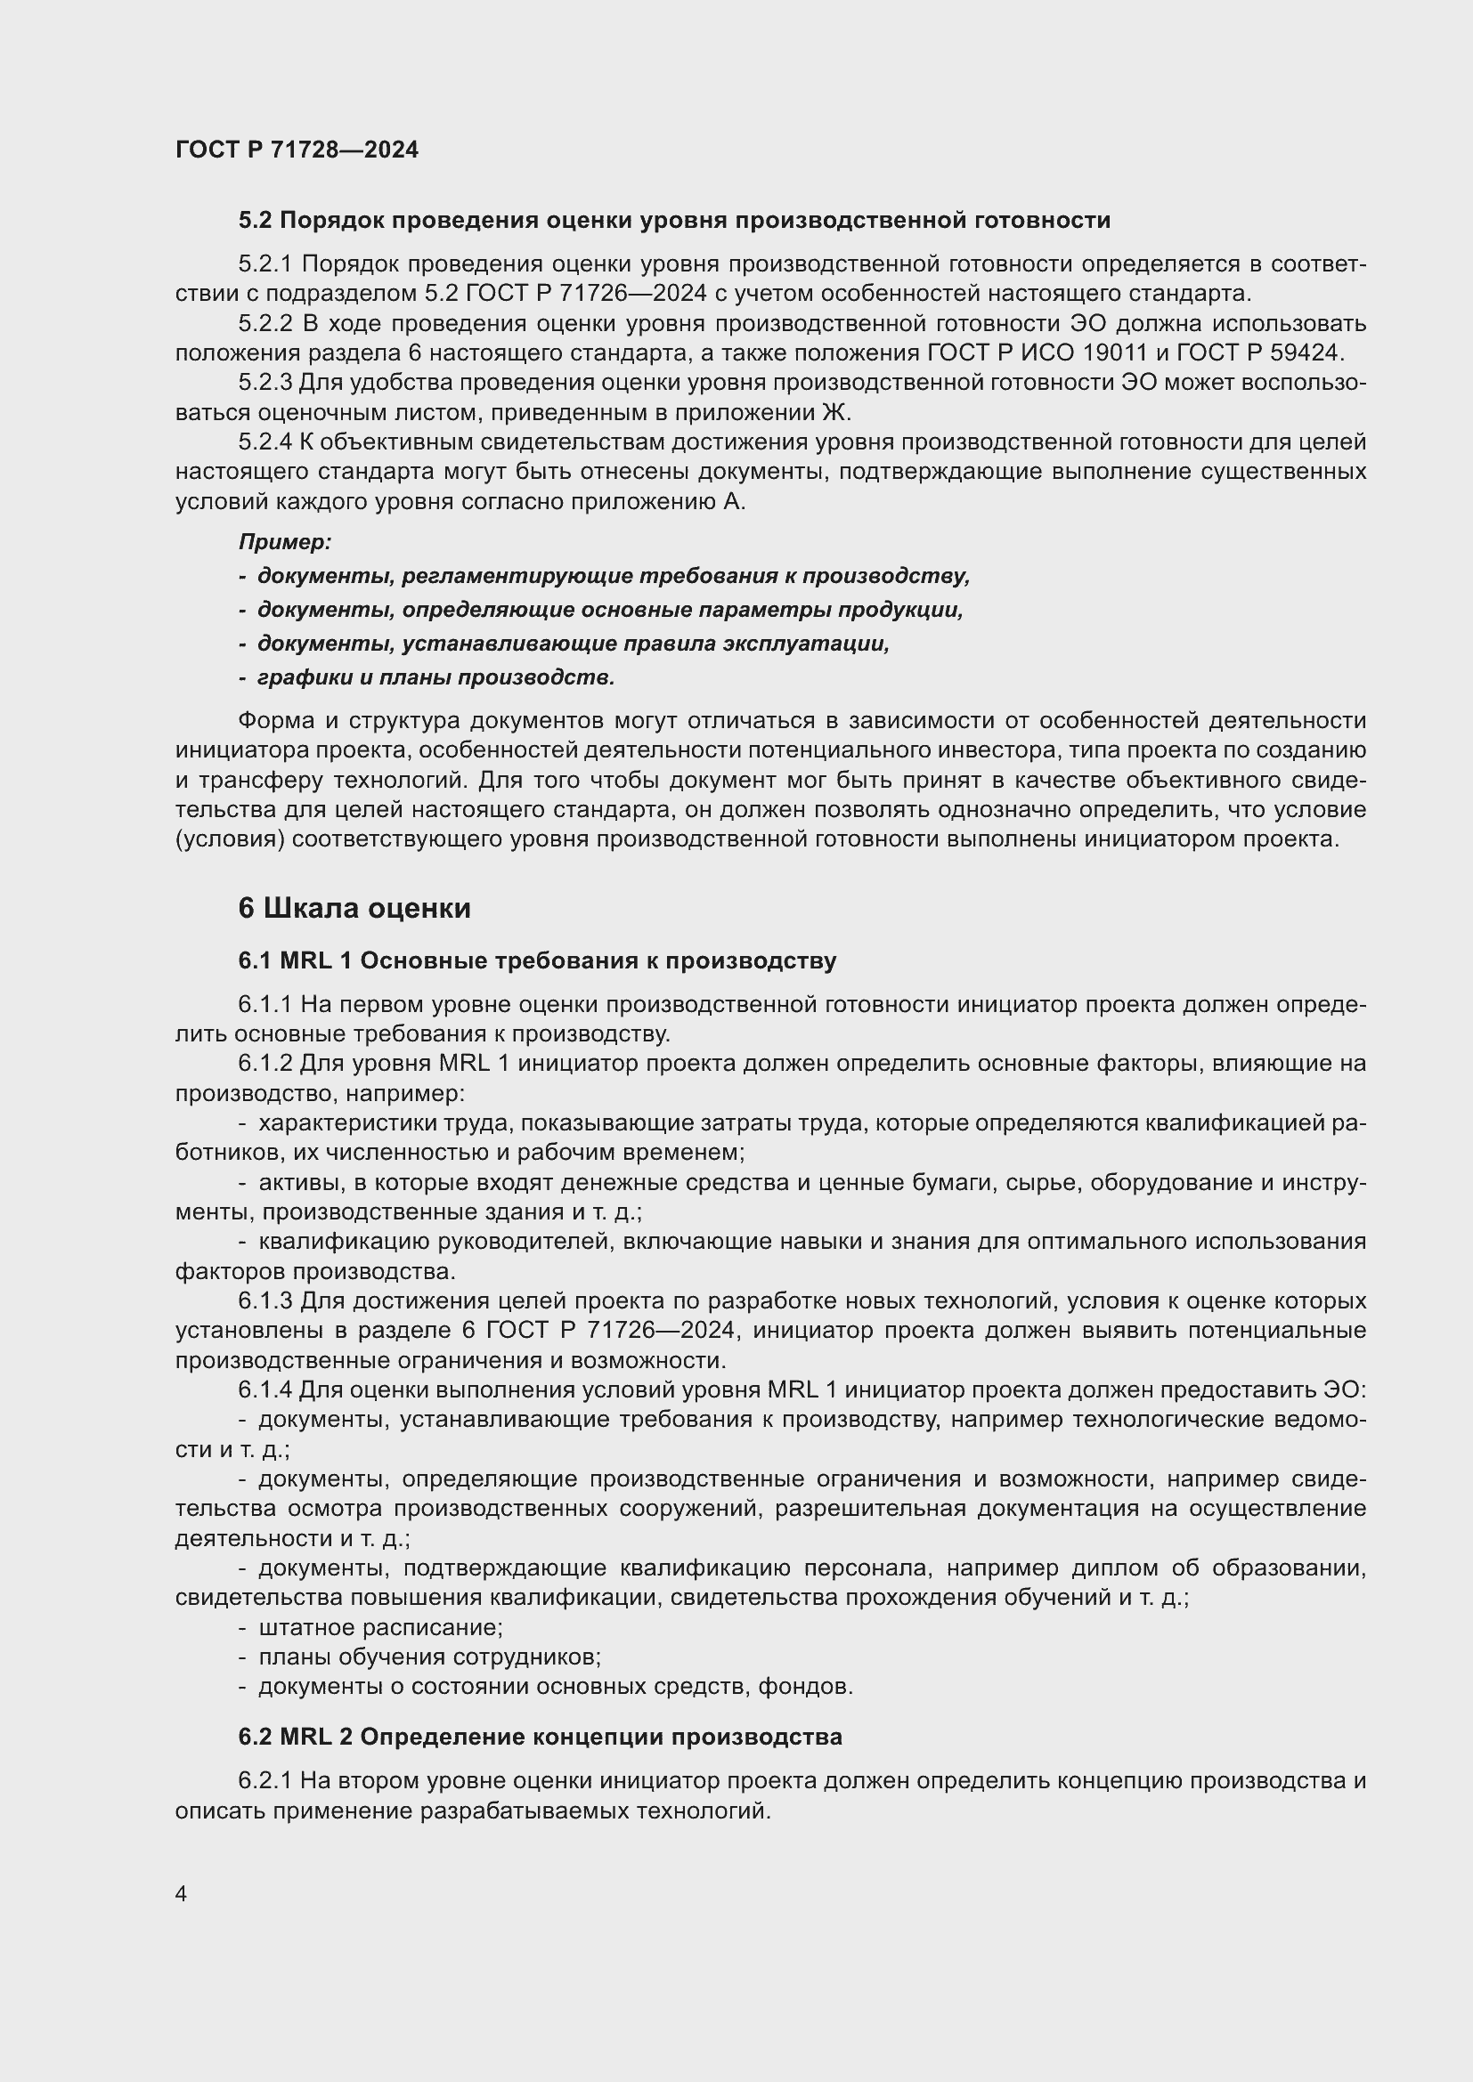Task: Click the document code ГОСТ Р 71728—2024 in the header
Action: click(x=297, y=150)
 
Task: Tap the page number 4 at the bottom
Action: click(x=182, y=1894)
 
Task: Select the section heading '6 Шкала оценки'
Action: click(x=354, y=909)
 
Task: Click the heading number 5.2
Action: click(x=256, y=221)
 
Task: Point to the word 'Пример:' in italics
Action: click(x=285, y=542)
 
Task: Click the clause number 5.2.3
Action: click(x=264, y=383)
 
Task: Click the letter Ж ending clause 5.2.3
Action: click(x=834, y=414)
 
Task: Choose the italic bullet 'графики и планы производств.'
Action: click(x=435, y=677)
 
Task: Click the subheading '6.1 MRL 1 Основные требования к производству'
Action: click(x=537, y=961)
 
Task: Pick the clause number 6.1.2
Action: click(x=264, y=1063)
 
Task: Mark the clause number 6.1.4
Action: click(x=264, y=1390)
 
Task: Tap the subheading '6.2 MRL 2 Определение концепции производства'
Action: click(x=540, y=1737)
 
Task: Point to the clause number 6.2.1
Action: click(x=264, y=1781)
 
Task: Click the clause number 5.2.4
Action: click(x=264, y=442)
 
